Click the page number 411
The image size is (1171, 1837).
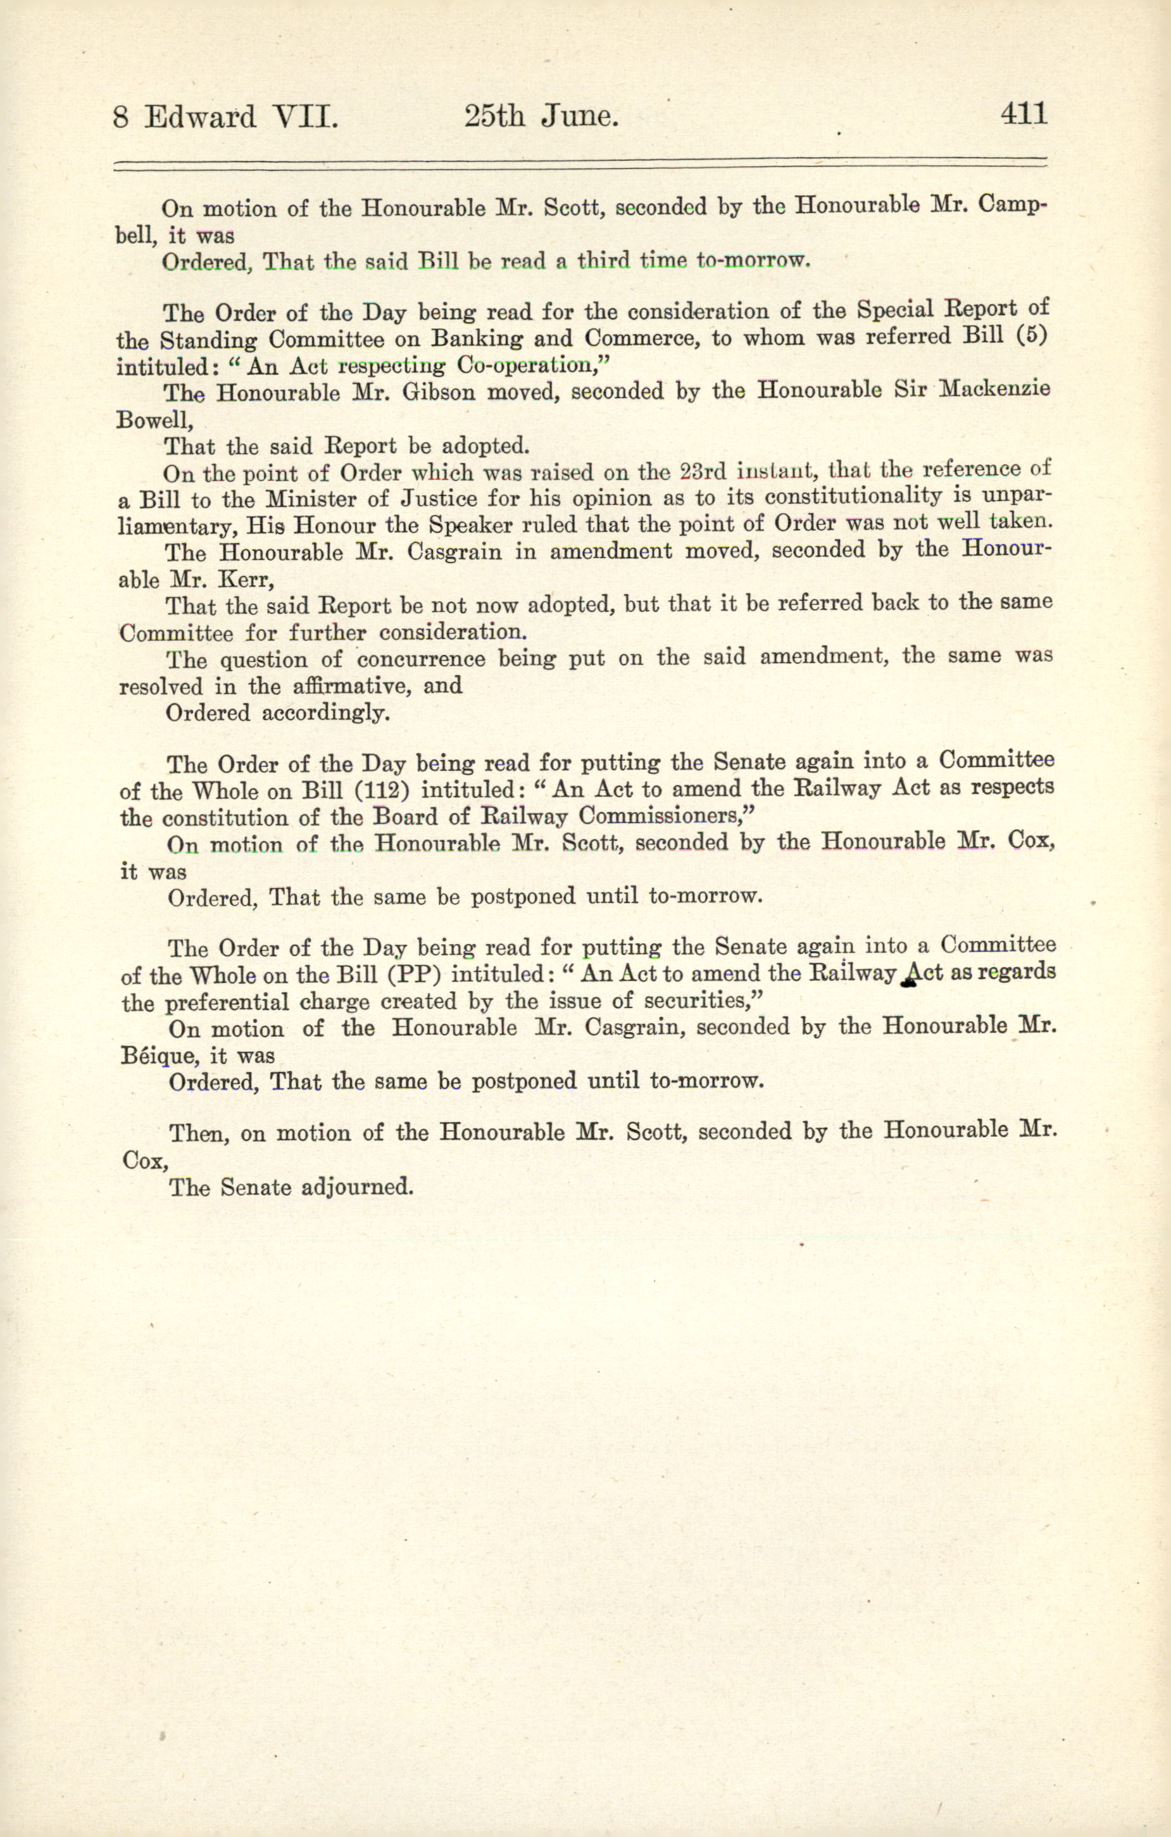1023,115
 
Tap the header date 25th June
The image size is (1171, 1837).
540,116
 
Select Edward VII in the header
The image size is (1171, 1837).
241,118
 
